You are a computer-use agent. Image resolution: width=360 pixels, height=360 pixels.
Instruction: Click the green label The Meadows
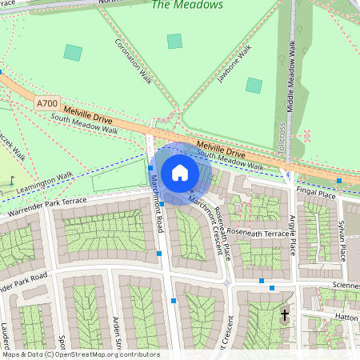(x=178, y=6)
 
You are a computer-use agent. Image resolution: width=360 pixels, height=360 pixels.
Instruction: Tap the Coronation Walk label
(x=133, y=61)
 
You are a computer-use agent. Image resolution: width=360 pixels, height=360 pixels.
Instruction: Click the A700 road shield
(x=46, y=104)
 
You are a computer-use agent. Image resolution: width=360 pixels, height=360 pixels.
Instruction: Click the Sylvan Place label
(x=342, y=236)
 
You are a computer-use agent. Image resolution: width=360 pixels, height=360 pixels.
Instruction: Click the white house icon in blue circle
(x=180, y=172)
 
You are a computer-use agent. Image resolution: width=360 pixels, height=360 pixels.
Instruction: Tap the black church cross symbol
(x=284, y=316)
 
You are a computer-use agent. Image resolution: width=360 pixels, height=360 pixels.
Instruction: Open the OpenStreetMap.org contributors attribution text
(x=104, y=354)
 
